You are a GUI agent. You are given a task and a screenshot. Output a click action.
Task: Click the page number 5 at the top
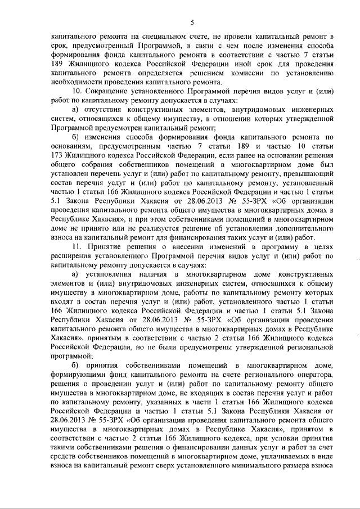pos(191,22)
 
